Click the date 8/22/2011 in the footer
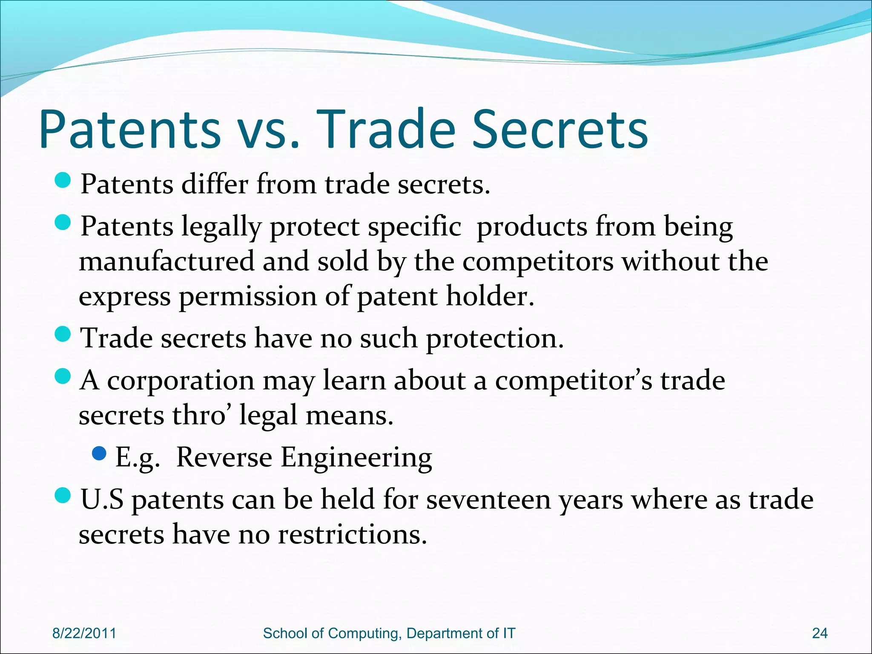click(84, 633)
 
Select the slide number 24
click(820, 633)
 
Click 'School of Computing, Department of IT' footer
click(389, 633)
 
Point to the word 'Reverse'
click(224, 457)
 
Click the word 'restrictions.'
click(353, 534)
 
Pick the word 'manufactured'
click(166, 261)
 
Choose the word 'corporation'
click(181, 380)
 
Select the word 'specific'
click(414, 227)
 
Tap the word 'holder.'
click(490, 296)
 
